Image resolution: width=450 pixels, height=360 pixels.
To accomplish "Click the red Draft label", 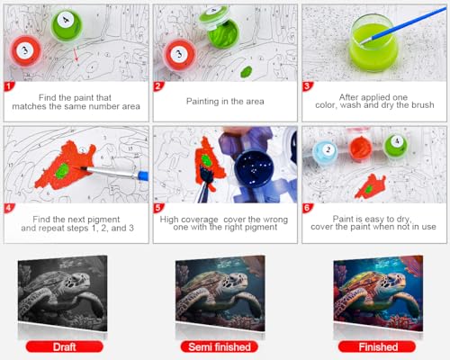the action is click(65, 346).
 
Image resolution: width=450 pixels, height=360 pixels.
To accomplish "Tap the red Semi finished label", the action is click(220, 346).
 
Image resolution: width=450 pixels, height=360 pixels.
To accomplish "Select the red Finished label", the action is click(377, 346).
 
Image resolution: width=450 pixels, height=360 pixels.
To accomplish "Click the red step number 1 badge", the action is click(9, 86).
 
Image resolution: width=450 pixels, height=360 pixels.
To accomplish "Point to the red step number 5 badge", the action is click(158, 208).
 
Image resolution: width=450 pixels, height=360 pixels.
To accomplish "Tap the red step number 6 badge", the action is click(307, 208).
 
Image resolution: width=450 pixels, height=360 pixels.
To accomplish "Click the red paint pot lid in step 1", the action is click(25, 52).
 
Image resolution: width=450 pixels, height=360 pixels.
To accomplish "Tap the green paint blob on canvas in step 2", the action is click(247, 71).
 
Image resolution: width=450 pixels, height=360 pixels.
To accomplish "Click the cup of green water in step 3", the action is click(374, 42).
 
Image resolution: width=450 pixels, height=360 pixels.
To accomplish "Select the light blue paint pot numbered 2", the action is click(326, 151).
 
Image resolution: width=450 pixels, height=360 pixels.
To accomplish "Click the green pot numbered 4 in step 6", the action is click(396, 146).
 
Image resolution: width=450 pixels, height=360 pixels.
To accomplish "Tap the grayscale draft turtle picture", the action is click(62, 293).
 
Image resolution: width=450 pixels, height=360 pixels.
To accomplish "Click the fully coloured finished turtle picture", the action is click(378, 293).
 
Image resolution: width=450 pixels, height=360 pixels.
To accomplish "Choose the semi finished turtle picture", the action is click(220, 293).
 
